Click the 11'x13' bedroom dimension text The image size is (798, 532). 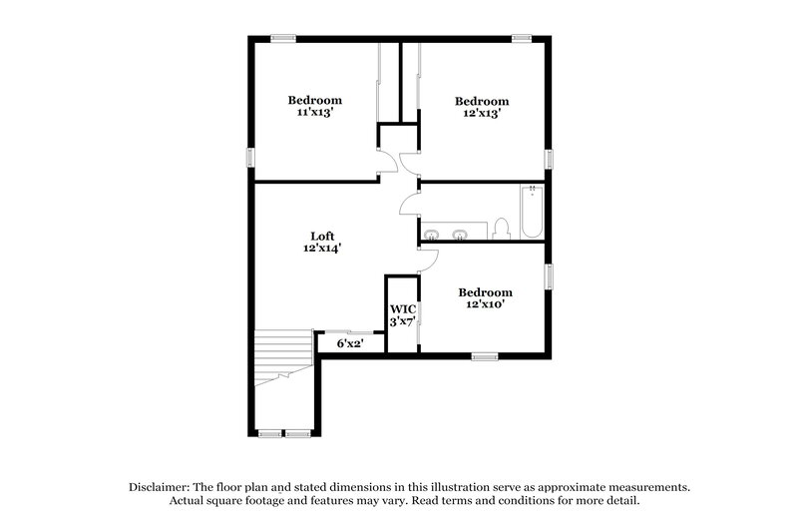pyautogui.click(x=315, y=114)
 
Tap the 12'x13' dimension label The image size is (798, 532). pyautogui.click(x=482, y=114)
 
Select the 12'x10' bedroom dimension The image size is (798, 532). pyautogui.click(x=485, y=304)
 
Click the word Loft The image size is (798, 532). pyautogui.click(x=320, y=236)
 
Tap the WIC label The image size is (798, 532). pyautogui.click(x=402, y=309)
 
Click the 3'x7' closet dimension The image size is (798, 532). pyautogui.click(x=402, y=322)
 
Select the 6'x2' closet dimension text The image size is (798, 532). pyautogui.click(x=348, y=343)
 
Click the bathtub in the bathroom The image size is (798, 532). pyautogui.click(x=531, y=212)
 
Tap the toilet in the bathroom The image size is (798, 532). pyautogui.click(x=503, y=230)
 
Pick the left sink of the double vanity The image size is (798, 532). pyautogui.click(x=431, y=236)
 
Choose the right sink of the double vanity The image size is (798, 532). pyautogui.click(x=460, y=236)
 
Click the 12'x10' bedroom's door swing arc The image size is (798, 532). pyautogui.click(x=426, y=260)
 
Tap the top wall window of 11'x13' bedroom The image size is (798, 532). pyautogui.click(x=283, y=39)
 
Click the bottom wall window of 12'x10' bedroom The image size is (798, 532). pyautogui.click(x=485, y=356)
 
